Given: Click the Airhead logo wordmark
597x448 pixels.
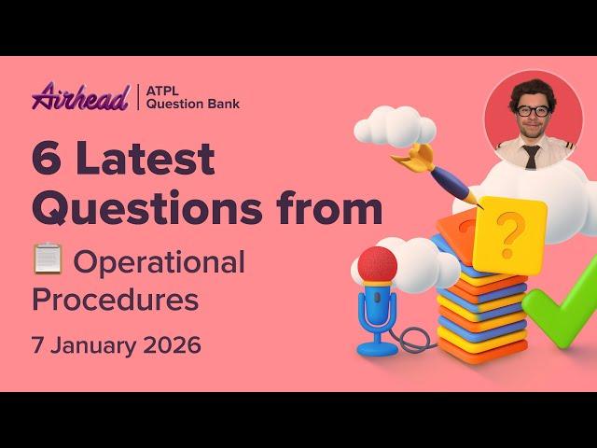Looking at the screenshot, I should point(79,96).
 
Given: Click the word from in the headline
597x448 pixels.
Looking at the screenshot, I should point(333,209).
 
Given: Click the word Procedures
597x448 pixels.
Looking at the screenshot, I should point(115,301).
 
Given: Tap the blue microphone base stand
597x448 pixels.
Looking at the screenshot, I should point(377,347).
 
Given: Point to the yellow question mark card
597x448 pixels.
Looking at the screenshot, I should point(509,233).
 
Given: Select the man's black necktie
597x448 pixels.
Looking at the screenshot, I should point(531,156).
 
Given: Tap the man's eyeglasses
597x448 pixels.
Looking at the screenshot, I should point(532,110).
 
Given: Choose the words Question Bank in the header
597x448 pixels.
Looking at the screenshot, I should point(194,104).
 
